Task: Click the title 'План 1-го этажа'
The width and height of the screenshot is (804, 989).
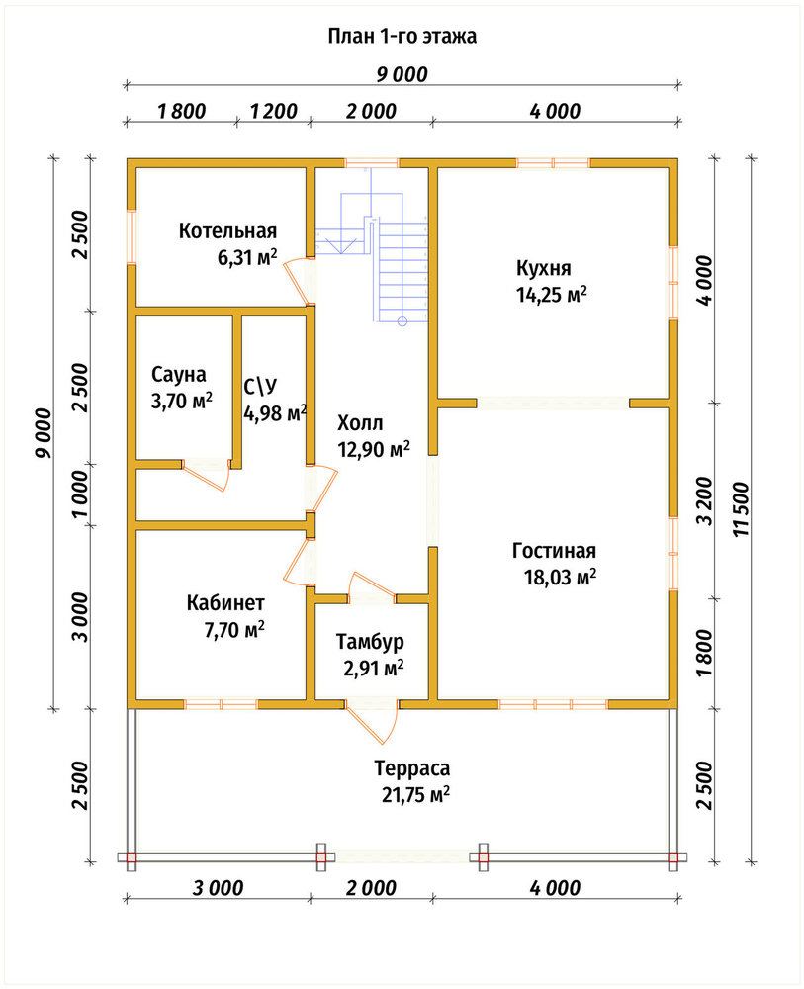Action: [402, 36]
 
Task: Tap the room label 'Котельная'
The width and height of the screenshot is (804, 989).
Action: [227, 230]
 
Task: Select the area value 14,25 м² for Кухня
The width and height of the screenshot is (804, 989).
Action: [552, 295]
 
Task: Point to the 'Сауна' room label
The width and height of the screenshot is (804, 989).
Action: [178, 374]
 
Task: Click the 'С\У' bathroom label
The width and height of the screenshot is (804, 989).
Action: [260, 386]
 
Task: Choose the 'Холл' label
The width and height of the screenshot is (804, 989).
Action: [360, 422]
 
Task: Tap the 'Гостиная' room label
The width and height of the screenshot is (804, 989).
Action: [554, 551]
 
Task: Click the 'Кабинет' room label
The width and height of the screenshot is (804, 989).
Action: [225, 603]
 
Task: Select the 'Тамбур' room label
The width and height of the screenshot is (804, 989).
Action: [370, 642]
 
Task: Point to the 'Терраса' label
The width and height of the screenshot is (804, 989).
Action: [412, 768]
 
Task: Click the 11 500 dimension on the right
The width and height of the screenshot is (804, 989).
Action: [743, 509]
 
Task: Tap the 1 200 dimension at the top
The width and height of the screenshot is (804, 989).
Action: [274, 111]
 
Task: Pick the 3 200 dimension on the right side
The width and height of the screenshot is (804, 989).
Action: [705, 500]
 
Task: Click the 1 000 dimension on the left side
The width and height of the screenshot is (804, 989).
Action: [81, 494]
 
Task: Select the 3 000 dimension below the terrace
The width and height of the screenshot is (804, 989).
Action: [219, 888]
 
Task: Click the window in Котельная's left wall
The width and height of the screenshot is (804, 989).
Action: [132, 236]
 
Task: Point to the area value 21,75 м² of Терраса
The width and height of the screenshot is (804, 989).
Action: [415, 795]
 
